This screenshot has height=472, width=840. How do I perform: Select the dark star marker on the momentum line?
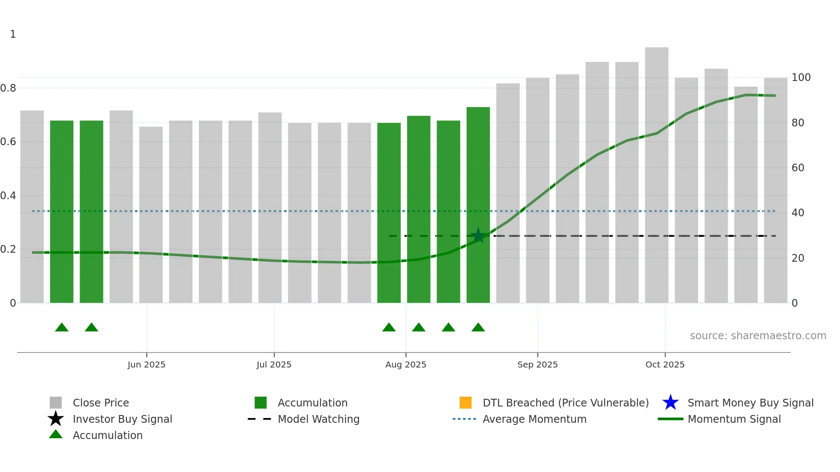click(x=478, y=236)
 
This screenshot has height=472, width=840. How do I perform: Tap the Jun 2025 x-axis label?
click(x=146, y=364)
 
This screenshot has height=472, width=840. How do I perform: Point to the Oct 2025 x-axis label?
click(x=665, y=364)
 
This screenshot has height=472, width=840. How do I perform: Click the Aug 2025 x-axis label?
click(x=405, y=364)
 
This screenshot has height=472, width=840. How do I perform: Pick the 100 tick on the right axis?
click(x=801, y=78)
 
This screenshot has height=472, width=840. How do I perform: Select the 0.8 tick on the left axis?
click(x=8, y=88)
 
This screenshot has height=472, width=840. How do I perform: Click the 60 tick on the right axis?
click(x=798, y=168)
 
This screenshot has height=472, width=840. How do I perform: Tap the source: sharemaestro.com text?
click(x=758, y=336)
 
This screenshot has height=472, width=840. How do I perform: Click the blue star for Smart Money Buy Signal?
click(x=670, y=403)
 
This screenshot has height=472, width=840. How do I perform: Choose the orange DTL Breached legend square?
click(x=465, y=403)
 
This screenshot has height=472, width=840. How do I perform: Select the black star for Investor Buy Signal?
click(x=56, y=419)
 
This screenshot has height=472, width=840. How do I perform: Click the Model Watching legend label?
click(x=318, y=419)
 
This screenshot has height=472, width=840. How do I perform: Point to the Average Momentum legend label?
click(x=534, y=419)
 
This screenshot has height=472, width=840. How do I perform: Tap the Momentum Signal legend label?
click(x=734, y=419)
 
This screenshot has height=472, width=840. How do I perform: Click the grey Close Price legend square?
click(x=56, y=403)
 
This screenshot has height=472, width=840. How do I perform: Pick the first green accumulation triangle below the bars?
click(x=62, y=328)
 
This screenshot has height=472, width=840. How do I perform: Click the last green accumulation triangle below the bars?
click(x=478, y=328)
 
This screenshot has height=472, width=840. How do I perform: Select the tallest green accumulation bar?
click(x=478, y=206)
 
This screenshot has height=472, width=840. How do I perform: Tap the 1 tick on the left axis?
click(x=13, y=34)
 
